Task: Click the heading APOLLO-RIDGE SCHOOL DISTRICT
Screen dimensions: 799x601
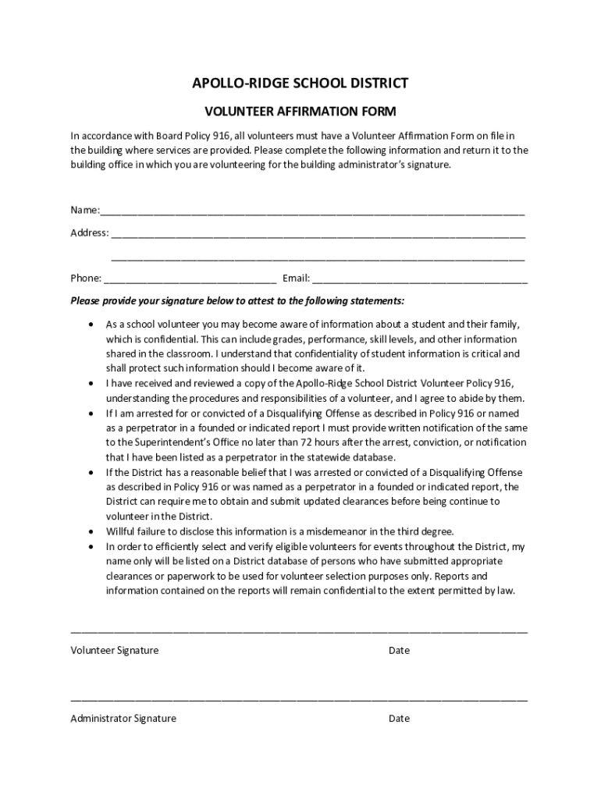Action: pyautogui.click(x=300, y=83)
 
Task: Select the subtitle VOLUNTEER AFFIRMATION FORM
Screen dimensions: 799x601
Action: pyautogui.click(x=300, y=112)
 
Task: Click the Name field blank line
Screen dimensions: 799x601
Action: pyautogui.click(x=312, y=211)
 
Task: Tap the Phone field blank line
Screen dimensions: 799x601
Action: pyautogui.click(x=190, y=279)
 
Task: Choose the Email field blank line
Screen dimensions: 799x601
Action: pyautogui.click(x=420, y=279)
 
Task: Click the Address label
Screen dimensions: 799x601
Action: pyautogui.click(x=89, y=233)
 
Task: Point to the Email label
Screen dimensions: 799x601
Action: pyautogui.click(x=296, y=278)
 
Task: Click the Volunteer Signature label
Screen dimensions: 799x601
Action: pyautogui.click(x=115, y=651)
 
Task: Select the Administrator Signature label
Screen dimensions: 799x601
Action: pyautogui.click(x=123, y=719)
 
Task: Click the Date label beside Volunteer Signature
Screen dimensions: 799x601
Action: pyautogui.click(x=399, y=651)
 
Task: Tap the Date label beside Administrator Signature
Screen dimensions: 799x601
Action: pyautogui.click(x=399, y=719)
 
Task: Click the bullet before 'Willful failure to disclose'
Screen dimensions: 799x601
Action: pyautogui.click(x=93, y=531)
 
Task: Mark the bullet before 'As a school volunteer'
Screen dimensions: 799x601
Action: pyautogui.click(x=93, y=324)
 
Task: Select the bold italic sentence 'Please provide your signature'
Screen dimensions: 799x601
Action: pyautogui.click(x=237, y=301)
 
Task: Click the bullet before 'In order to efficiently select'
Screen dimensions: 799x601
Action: pyautogui.click(x=93, y=546)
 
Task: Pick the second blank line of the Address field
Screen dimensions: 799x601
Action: pyautogui.click(x=318, y=257)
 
